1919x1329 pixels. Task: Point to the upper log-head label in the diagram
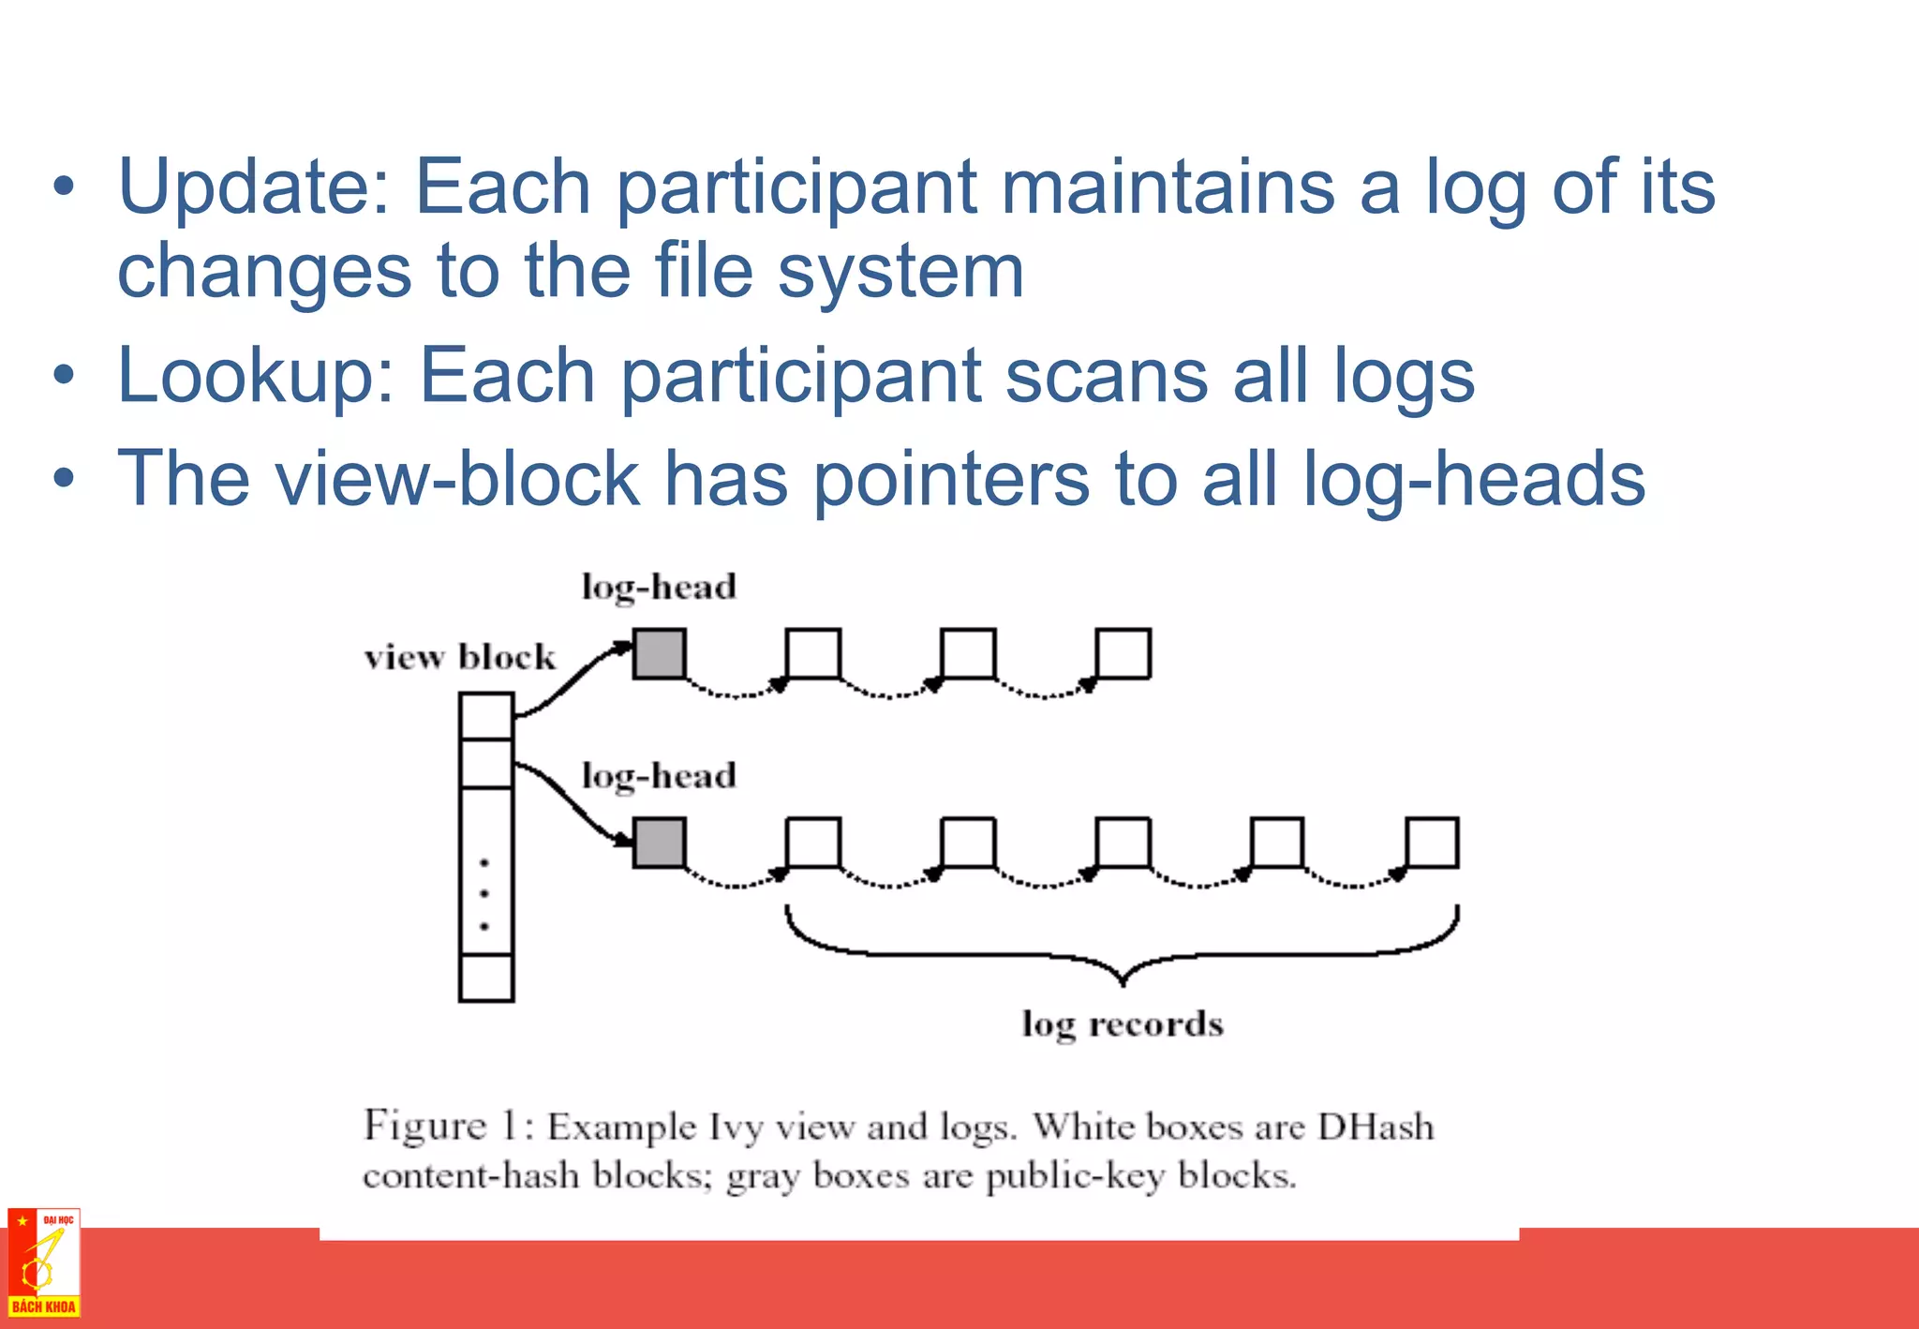(659, 588)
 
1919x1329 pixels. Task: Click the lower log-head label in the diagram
(659, 776)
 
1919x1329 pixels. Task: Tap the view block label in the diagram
(460, 657)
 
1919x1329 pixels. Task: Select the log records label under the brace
(1123, 1024)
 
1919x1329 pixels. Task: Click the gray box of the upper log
(660, 653)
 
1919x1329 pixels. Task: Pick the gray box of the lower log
(660, 842)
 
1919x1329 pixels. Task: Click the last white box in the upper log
(1123, 653)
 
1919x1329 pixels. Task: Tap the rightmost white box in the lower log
(1433, 842)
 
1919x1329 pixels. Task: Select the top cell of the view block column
(486, 716)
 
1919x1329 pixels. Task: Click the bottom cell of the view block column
(486, 978)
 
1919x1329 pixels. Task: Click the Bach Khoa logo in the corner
(43, 1262)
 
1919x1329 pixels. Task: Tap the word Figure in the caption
(425, 1126)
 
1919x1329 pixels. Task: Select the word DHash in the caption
(1376, 1126)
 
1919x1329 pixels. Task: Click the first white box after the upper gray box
(813, 653)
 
